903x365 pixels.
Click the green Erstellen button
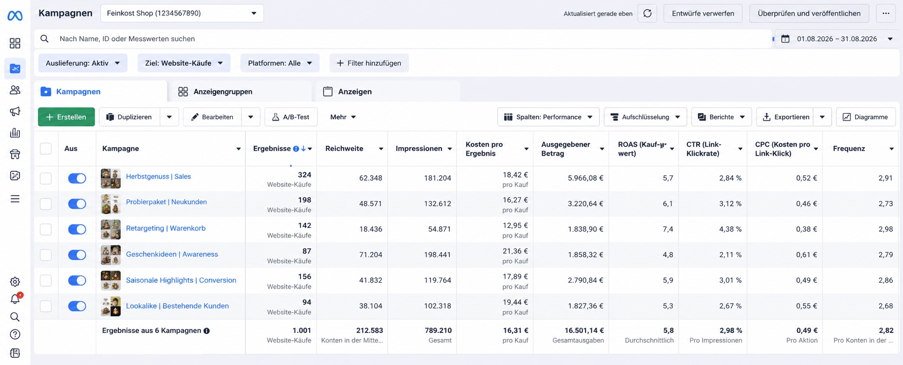(66, 117)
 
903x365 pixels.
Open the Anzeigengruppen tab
(215, 92)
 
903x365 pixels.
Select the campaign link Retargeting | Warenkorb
(166, 228)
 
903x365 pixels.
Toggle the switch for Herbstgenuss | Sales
(77, 178)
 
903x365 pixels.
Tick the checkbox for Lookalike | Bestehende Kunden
(46, 306)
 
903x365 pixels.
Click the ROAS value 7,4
(668, 229)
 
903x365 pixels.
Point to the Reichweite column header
(344, 148)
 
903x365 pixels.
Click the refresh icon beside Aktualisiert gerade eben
(647, 13)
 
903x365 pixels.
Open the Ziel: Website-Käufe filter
(184, 63)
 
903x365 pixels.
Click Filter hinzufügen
(369, 63)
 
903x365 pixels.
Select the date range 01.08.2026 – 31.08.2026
(837, 39)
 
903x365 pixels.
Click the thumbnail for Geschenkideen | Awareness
(111, 255)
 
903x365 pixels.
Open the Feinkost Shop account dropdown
(182, 13)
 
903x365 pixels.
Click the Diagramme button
(865, 117)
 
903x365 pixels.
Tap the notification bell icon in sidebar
(15, 299)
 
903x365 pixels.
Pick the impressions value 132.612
(437, 203)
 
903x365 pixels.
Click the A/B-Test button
(291, 117)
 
